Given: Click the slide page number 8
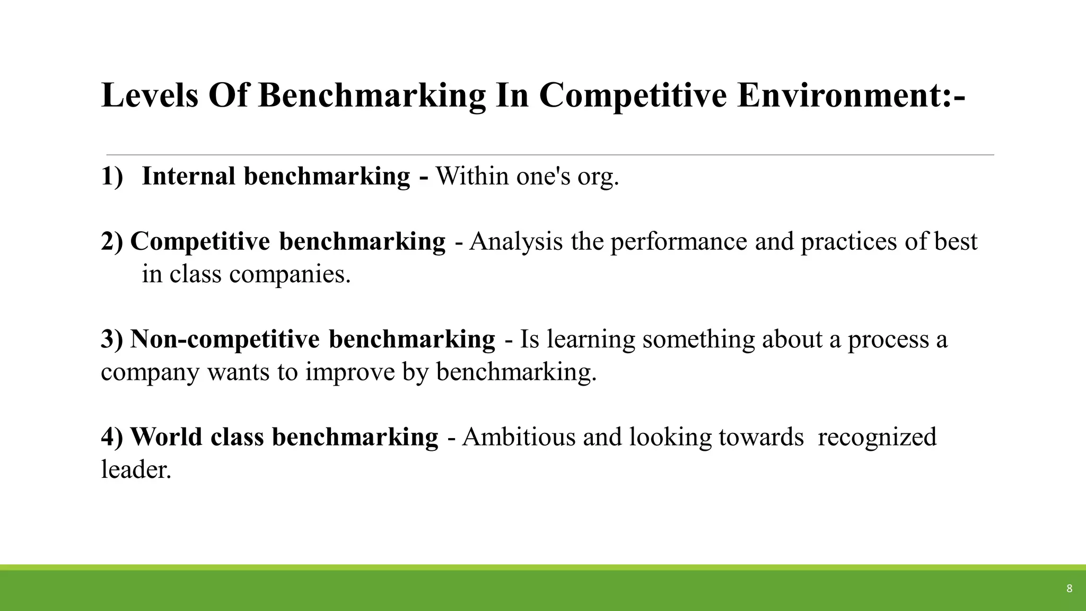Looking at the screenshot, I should (1069, 588).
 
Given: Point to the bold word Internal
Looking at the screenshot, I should (188, 176).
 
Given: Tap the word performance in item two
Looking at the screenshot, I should (678, 242).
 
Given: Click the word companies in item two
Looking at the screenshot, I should (290, 275).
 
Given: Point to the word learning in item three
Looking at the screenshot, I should (591, 339).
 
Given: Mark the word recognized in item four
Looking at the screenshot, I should (877, 437).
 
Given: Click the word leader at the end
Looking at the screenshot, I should (136, 470).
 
